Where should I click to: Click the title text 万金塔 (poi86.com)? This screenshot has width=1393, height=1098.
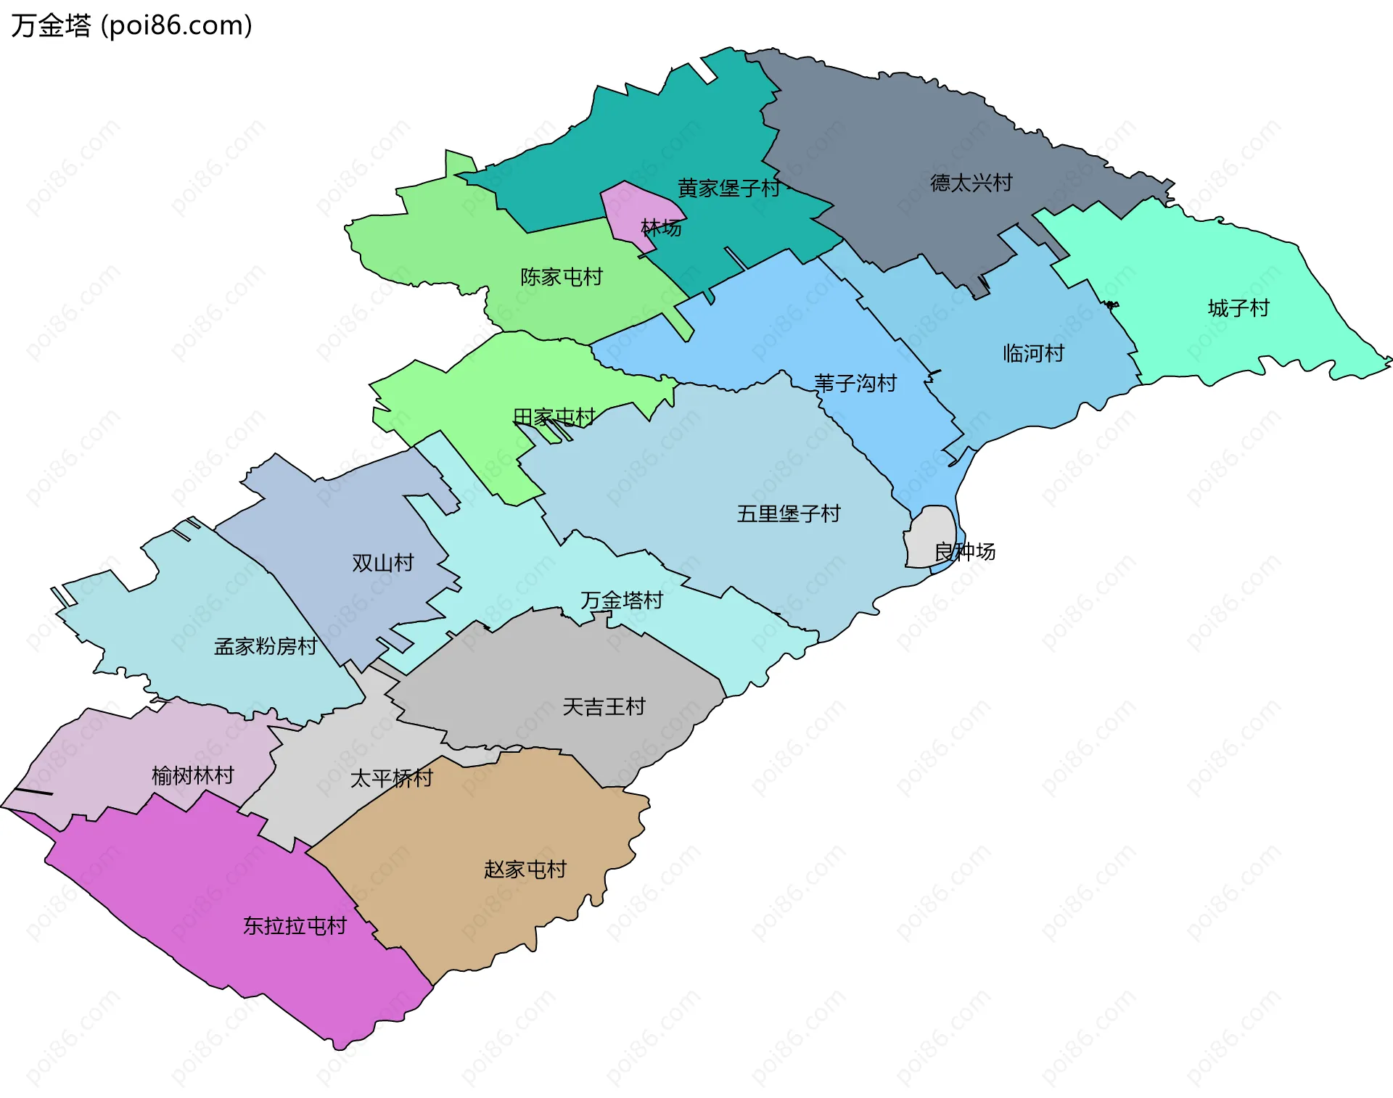[x=131, y=25]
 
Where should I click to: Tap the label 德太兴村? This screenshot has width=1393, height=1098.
[x=971, y=183]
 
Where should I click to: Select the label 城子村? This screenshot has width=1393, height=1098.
[x=1238, y=308]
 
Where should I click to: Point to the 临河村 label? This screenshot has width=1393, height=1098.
[x=1033, y=353]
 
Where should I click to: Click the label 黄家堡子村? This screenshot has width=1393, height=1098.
[x=728, y=189]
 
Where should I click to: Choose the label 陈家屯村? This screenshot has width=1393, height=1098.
[x=561, y=277]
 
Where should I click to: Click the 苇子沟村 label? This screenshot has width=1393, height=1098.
[x=855, y=383]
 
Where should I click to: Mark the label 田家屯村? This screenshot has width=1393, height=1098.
[x=554, y=417]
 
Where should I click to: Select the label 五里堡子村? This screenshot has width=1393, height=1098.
[x=789, y=513]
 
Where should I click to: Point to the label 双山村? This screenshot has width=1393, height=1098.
[x=382, y=563]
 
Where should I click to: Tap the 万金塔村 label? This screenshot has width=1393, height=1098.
[x=622, y=600]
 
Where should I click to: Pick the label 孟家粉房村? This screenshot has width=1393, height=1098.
[x=266, y=646]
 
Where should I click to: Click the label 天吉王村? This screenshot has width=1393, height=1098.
[x=604, y=706]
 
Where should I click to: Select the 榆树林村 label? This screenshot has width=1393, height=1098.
[x=193, y=776]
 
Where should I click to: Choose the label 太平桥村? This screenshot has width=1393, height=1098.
[x=391, y=778]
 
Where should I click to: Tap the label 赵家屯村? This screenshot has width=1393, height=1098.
[x=525, y=869]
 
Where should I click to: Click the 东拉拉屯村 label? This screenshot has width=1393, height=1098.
[x=295, y=926]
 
